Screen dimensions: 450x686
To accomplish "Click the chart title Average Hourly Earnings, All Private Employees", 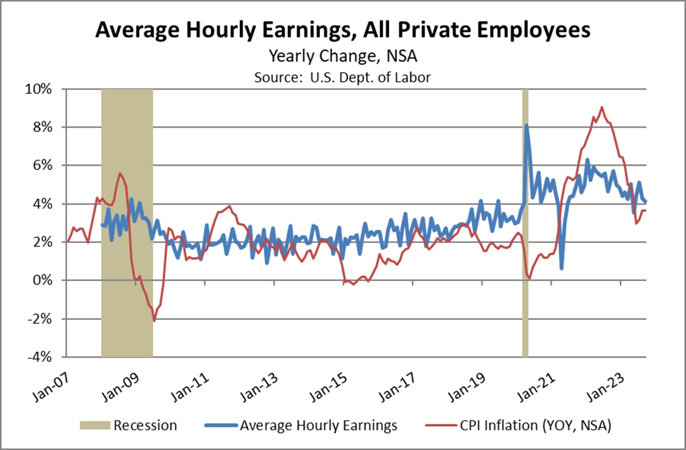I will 343,30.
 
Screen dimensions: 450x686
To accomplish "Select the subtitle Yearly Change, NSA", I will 343,56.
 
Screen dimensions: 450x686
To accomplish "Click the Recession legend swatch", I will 95,426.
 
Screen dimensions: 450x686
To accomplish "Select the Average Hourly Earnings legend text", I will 318,426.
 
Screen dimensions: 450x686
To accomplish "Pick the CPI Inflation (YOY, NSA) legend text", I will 535,426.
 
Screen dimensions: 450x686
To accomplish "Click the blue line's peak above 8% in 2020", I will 526,125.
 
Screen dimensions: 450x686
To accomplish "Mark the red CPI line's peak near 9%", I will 602,107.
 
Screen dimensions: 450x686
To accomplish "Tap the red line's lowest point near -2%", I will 154,321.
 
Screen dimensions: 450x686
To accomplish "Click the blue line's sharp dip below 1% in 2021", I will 562,268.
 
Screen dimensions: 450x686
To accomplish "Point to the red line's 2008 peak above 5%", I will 120,173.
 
